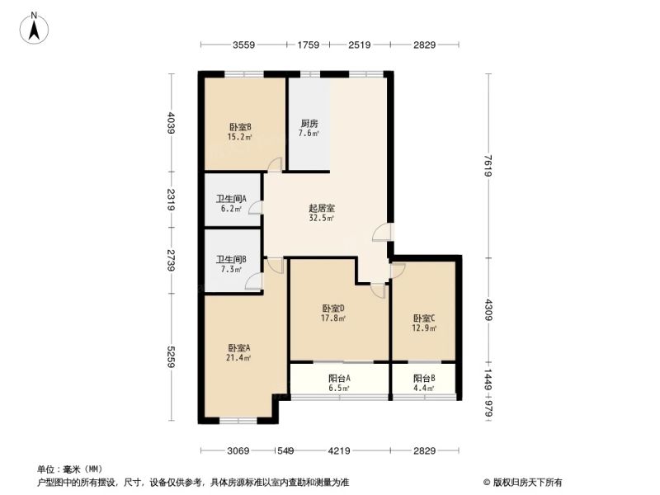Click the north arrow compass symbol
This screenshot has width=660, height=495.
point(34,28)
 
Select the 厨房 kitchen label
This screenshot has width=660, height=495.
point(309,123)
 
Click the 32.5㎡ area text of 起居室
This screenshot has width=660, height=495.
point(322,218)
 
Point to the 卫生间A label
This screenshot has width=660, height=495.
point(231,198)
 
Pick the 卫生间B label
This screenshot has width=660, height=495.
point(231,259)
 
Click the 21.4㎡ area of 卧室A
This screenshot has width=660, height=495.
point(239,358)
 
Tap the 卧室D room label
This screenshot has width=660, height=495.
point(333,308)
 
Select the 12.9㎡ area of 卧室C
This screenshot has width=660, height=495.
point(424,328)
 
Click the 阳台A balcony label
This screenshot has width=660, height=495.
point(339,378)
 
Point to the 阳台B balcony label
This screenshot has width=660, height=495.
point(424,378)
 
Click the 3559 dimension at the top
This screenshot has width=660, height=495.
point(243,45)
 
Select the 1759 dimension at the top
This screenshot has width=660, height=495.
point(308,45)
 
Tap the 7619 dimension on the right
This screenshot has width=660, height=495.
point(488,166)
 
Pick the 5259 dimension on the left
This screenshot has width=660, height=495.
point(171,356)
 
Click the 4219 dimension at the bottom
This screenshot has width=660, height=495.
point(339,450)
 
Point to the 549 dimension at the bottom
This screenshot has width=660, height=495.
point(285,450)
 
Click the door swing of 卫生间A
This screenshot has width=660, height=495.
point(255,209)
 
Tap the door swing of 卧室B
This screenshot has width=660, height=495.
point(275,164)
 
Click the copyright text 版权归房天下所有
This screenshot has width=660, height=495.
point(527,483)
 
